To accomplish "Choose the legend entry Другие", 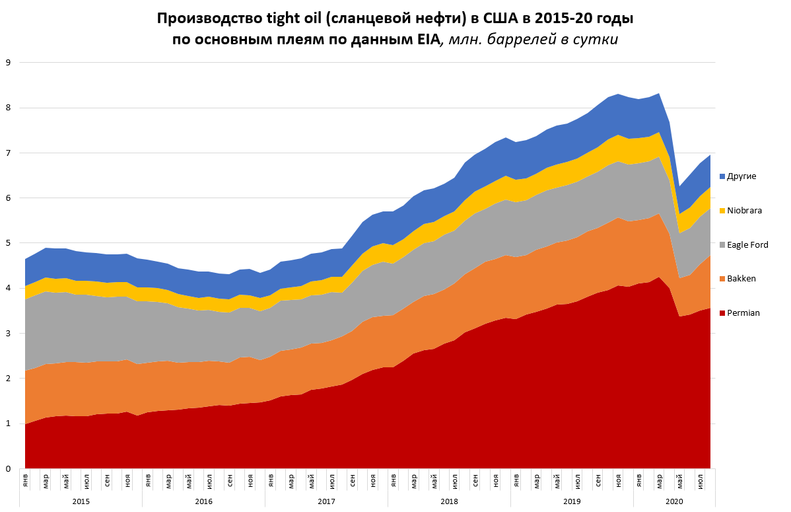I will (741, 176).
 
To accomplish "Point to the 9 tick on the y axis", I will (8, 63).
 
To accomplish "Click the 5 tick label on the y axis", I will (8, 243).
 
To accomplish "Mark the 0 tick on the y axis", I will (8, 469).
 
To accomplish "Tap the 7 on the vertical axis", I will (8, 153).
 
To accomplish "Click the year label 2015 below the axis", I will (81, 502).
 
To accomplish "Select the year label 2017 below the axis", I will (326, 502).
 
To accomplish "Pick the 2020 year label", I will (674, 502).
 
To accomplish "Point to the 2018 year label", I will (449, 502).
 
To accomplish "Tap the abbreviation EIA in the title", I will (428, 39).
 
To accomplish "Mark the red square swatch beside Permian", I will (722, 313).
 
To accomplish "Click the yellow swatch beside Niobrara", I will (722, 211).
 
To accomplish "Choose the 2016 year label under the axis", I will (203, 502).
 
